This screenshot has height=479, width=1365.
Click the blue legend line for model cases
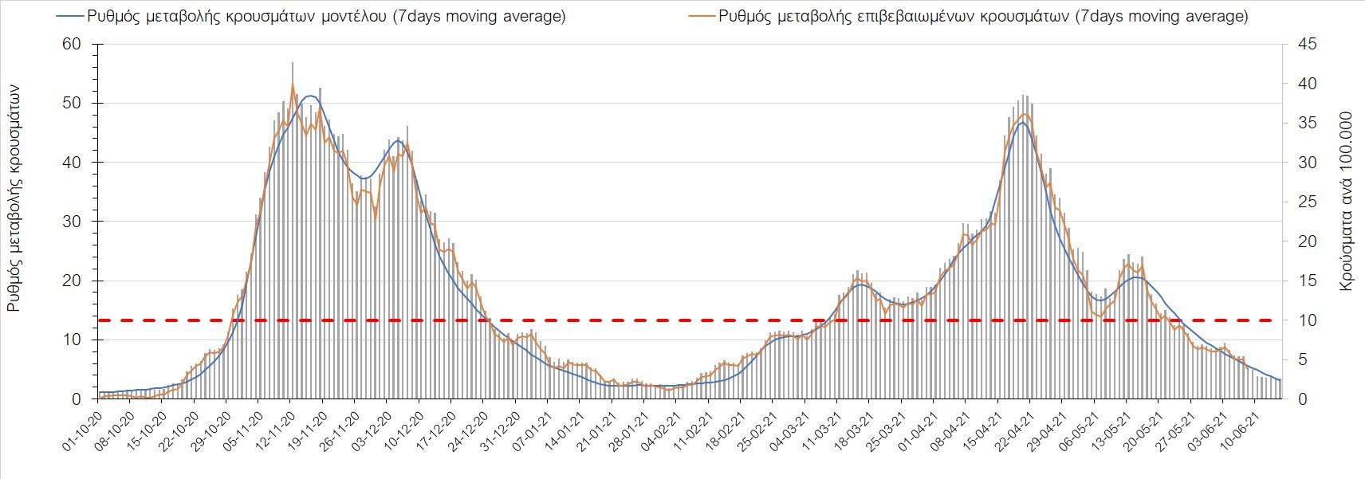coord(71,16)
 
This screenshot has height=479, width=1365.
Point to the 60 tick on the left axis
coord(72,44)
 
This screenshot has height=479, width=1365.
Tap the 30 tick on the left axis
coord(72,222)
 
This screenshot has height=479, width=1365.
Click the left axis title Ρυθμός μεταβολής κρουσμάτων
coord(14,199)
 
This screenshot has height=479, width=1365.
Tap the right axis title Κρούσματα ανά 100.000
coord(1347,201)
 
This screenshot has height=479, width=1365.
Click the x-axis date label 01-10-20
coord(83,432)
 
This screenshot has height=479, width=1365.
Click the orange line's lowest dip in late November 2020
coord(376,217)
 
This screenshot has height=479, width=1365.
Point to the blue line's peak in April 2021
coord(1021,122)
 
